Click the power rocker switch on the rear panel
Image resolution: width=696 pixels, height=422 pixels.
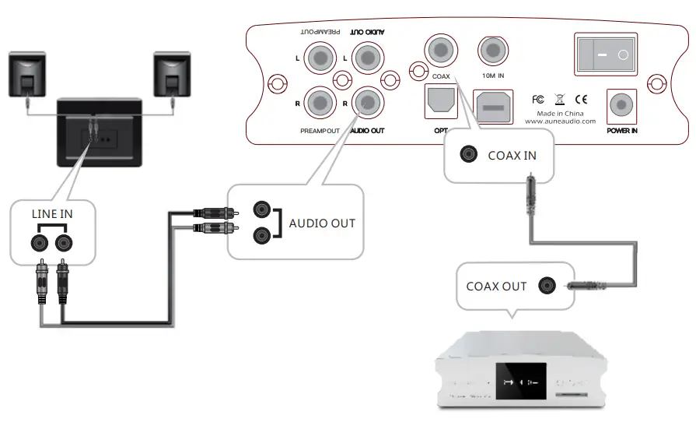coord(605,55)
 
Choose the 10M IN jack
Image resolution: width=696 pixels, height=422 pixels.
coord(491,52)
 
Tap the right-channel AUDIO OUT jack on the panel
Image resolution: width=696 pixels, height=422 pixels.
coord(365,101)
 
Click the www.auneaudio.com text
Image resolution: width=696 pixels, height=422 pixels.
coord(560,121)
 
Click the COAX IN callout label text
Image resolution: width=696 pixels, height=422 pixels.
coord(512,155)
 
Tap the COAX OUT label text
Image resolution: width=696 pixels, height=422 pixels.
coord(496,286)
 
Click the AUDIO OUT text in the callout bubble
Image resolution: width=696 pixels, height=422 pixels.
coord(321,223)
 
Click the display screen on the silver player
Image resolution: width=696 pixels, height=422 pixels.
coord(519,382)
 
